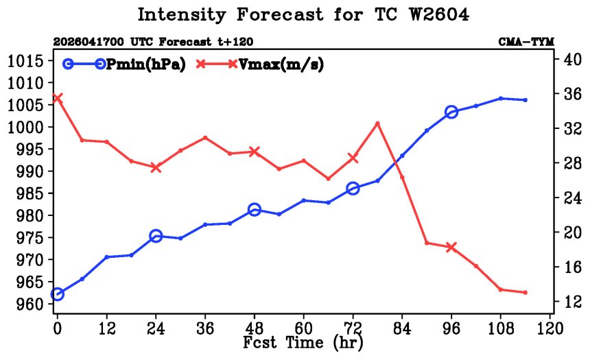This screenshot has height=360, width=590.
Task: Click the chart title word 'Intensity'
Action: (181, 15)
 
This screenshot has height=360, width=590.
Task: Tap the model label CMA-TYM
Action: (526, 42)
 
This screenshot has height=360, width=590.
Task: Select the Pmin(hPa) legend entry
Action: (124, 64)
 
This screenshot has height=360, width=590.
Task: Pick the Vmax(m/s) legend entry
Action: (259, 64)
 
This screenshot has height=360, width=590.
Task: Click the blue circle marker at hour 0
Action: (57, 294)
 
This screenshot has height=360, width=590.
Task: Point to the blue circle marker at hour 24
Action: (156, 237)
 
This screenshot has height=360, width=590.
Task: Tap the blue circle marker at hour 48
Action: (255, 210)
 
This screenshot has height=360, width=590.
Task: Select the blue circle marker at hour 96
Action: (451, 112)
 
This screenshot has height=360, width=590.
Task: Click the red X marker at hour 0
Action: (57, 98)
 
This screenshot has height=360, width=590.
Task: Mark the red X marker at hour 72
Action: (353, 158)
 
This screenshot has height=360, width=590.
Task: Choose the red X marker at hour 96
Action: (451, 247)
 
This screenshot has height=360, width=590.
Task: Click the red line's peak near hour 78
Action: (377, 123)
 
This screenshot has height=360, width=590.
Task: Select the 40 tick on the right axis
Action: (572, 59)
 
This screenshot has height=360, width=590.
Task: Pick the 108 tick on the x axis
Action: (500, 328)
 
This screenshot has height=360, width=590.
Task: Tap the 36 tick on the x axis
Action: (205, 328)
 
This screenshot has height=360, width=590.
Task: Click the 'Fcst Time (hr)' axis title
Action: (303, 343)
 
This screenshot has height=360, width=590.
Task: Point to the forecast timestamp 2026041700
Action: (88, 42)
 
